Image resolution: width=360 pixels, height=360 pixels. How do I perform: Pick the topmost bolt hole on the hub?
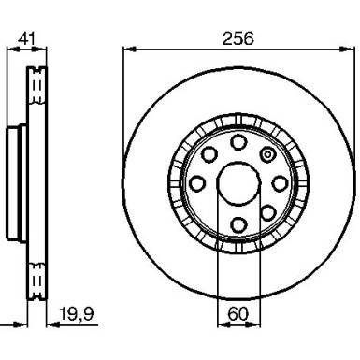pos(238,142)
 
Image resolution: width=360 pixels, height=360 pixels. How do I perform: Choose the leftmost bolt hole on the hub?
pos(197,184)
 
